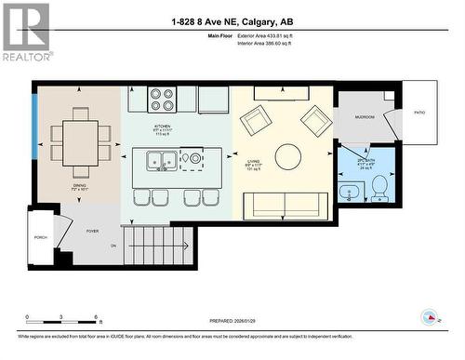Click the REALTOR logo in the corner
coord(25,32)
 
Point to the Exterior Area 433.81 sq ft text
coord(277,35)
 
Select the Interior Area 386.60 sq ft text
coord(276,44)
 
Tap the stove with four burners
coord(163,98)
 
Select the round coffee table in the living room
coord(287,156)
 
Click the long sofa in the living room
coord(286,206)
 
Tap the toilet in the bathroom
coord(379,188)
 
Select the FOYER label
coord(92,231)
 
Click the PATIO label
coord(419,113)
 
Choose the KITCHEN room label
coord(163,126)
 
